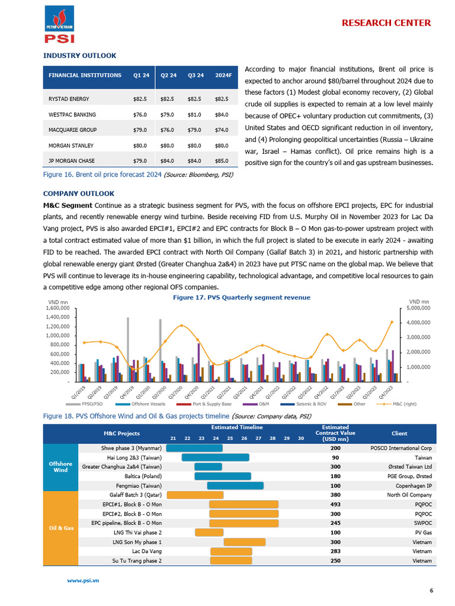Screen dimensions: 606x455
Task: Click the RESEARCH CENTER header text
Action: [386, 23]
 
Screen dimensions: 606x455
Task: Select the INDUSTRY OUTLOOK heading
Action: [79, 56]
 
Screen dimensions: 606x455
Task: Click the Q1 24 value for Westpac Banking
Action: [140, 114]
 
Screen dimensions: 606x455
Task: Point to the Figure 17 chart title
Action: [241, 297]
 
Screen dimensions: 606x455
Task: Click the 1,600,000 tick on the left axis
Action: [57, 308]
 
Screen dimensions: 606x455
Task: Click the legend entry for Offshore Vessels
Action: [147, 404]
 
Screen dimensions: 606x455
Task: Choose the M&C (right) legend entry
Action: [401, 404]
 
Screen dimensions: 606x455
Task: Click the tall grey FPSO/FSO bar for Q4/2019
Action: [128, 349]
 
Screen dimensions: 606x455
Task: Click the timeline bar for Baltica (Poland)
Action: [222, 476]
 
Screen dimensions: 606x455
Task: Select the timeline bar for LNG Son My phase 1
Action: [244, 542]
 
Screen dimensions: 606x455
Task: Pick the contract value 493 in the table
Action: [335, 504]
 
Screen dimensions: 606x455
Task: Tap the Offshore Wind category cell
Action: [60, 467]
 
